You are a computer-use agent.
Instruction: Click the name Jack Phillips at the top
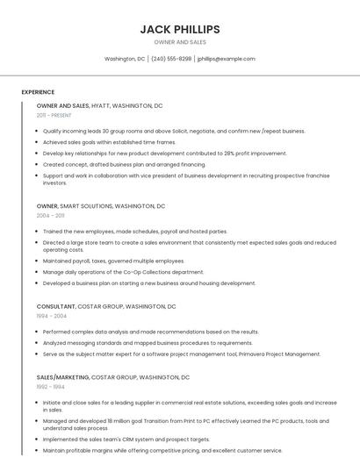pyautogui.click(x=180, y=29)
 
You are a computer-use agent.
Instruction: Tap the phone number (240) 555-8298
pyautogui.click(x=171, y=59)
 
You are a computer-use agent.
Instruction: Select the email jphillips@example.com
pyautogui.click(x=226, y=59)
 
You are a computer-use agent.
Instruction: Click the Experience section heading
pyautogui.click(x=38, y=91)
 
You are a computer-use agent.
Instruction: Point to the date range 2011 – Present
pyautogui.click(x=54, y=115)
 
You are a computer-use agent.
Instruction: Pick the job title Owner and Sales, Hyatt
pyautogui.click(x=99, y=105)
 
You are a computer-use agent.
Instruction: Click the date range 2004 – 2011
pyautogui.click(x=50, y=215)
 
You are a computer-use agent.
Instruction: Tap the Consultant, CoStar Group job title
pyautogui.click(x=105, y=307)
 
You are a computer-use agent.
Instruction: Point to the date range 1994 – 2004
pyautogui.click(x=51, y=316)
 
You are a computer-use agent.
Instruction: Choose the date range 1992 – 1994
pyautogui.click(x=50, y=386)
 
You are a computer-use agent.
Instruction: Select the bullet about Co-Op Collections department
pyautogui.click(x=123, y=272)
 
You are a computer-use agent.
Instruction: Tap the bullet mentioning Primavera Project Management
pyautogui.click(x=181, y=354)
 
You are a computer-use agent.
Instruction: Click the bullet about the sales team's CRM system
pyautogui.click(x=126, y=439)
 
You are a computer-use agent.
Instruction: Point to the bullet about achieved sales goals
pyautogui.click(x=109, y=141)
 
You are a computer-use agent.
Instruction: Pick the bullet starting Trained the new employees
pyautogui.click(x=134, y=232)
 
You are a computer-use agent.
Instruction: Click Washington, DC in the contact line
pyautogui.click(x=125, y=59)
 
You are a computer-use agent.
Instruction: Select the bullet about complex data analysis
pyautogui.click(x=150, y=332)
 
